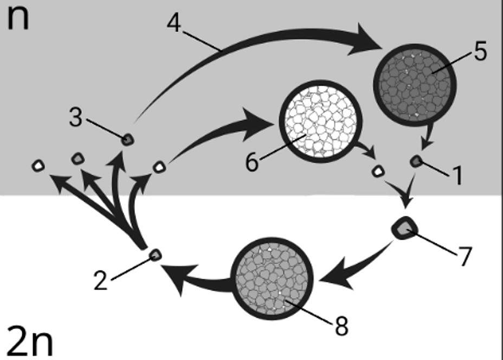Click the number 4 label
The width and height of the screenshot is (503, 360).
(x=174, y=23)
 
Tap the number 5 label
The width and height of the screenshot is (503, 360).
(x=480, y=52)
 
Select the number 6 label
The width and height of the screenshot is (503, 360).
(x=252, y=162)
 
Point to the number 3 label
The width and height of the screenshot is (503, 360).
(x=76, y=118)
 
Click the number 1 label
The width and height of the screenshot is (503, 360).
(x=458, y=176)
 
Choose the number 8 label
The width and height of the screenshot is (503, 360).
(x=341, y=326)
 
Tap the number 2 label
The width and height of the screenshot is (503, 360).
(x=100, y=280)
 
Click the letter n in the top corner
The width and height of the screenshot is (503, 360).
(x=18, y=18)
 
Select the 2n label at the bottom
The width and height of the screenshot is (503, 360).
(x=29, y=342)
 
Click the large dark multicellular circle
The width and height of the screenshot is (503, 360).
(x=415, y=85)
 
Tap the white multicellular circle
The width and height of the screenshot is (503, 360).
(x=321, y=121)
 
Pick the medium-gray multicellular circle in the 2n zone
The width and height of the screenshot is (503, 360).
(x=272, y=279)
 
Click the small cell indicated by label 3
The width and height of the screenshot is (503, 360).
(x=128, y=139)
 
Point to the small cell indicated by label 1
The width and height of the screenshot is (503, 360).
(x=416, y=161)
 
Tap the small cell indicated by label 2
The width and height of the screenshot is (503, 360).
(x=156, y=255)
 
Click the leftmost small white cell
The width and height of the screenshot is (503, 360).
(x=38, y=166)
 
